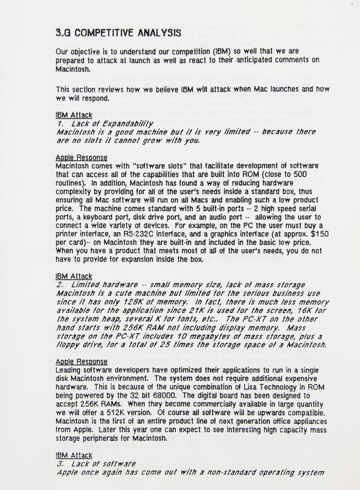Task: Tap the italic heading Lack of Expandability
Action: (105, 124)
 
